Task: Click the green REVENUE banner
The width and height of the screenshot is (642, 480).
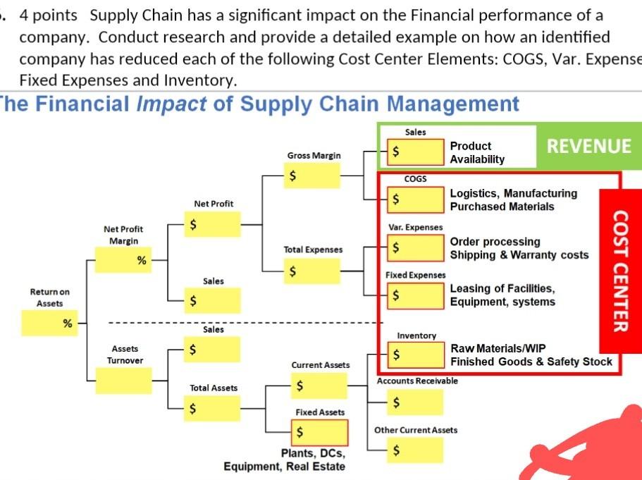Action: (x=589, y=146)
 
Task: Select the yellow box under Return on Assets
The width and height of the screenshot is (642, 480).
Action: (x=49, y=323)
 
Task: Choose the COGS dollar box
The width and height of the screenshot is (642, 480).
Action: (x=416, y=199)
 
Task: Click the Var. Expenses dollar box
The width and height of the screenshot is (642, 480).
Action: (x=416, y=247)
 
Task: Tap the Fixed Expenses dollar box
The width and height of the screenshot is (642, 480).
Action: (x=416, y=295)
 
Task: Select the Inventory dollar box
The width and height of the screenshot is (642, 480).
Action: (x=416, y=355)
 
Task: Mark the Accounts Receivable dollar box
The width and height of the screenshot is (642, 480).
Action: (x=416, y=402)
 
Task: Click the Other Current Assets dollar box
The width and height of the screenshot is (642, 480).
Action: (x=416, y=449)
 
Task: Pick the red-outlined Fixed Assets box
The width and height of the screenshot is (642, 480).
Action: (x=319, y=431)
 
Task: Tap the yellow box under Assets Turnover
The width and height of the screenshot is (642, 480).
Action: (x=123, y=381)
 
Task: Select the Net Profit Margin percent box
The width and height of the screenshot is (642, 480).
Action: (x=123, y=260)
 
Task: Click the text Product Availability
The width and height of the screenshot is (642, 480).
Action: (x=477, y=152)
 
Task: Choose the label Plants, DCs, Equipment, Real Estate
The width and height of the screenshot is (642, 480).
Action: (x=285, y=460)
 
